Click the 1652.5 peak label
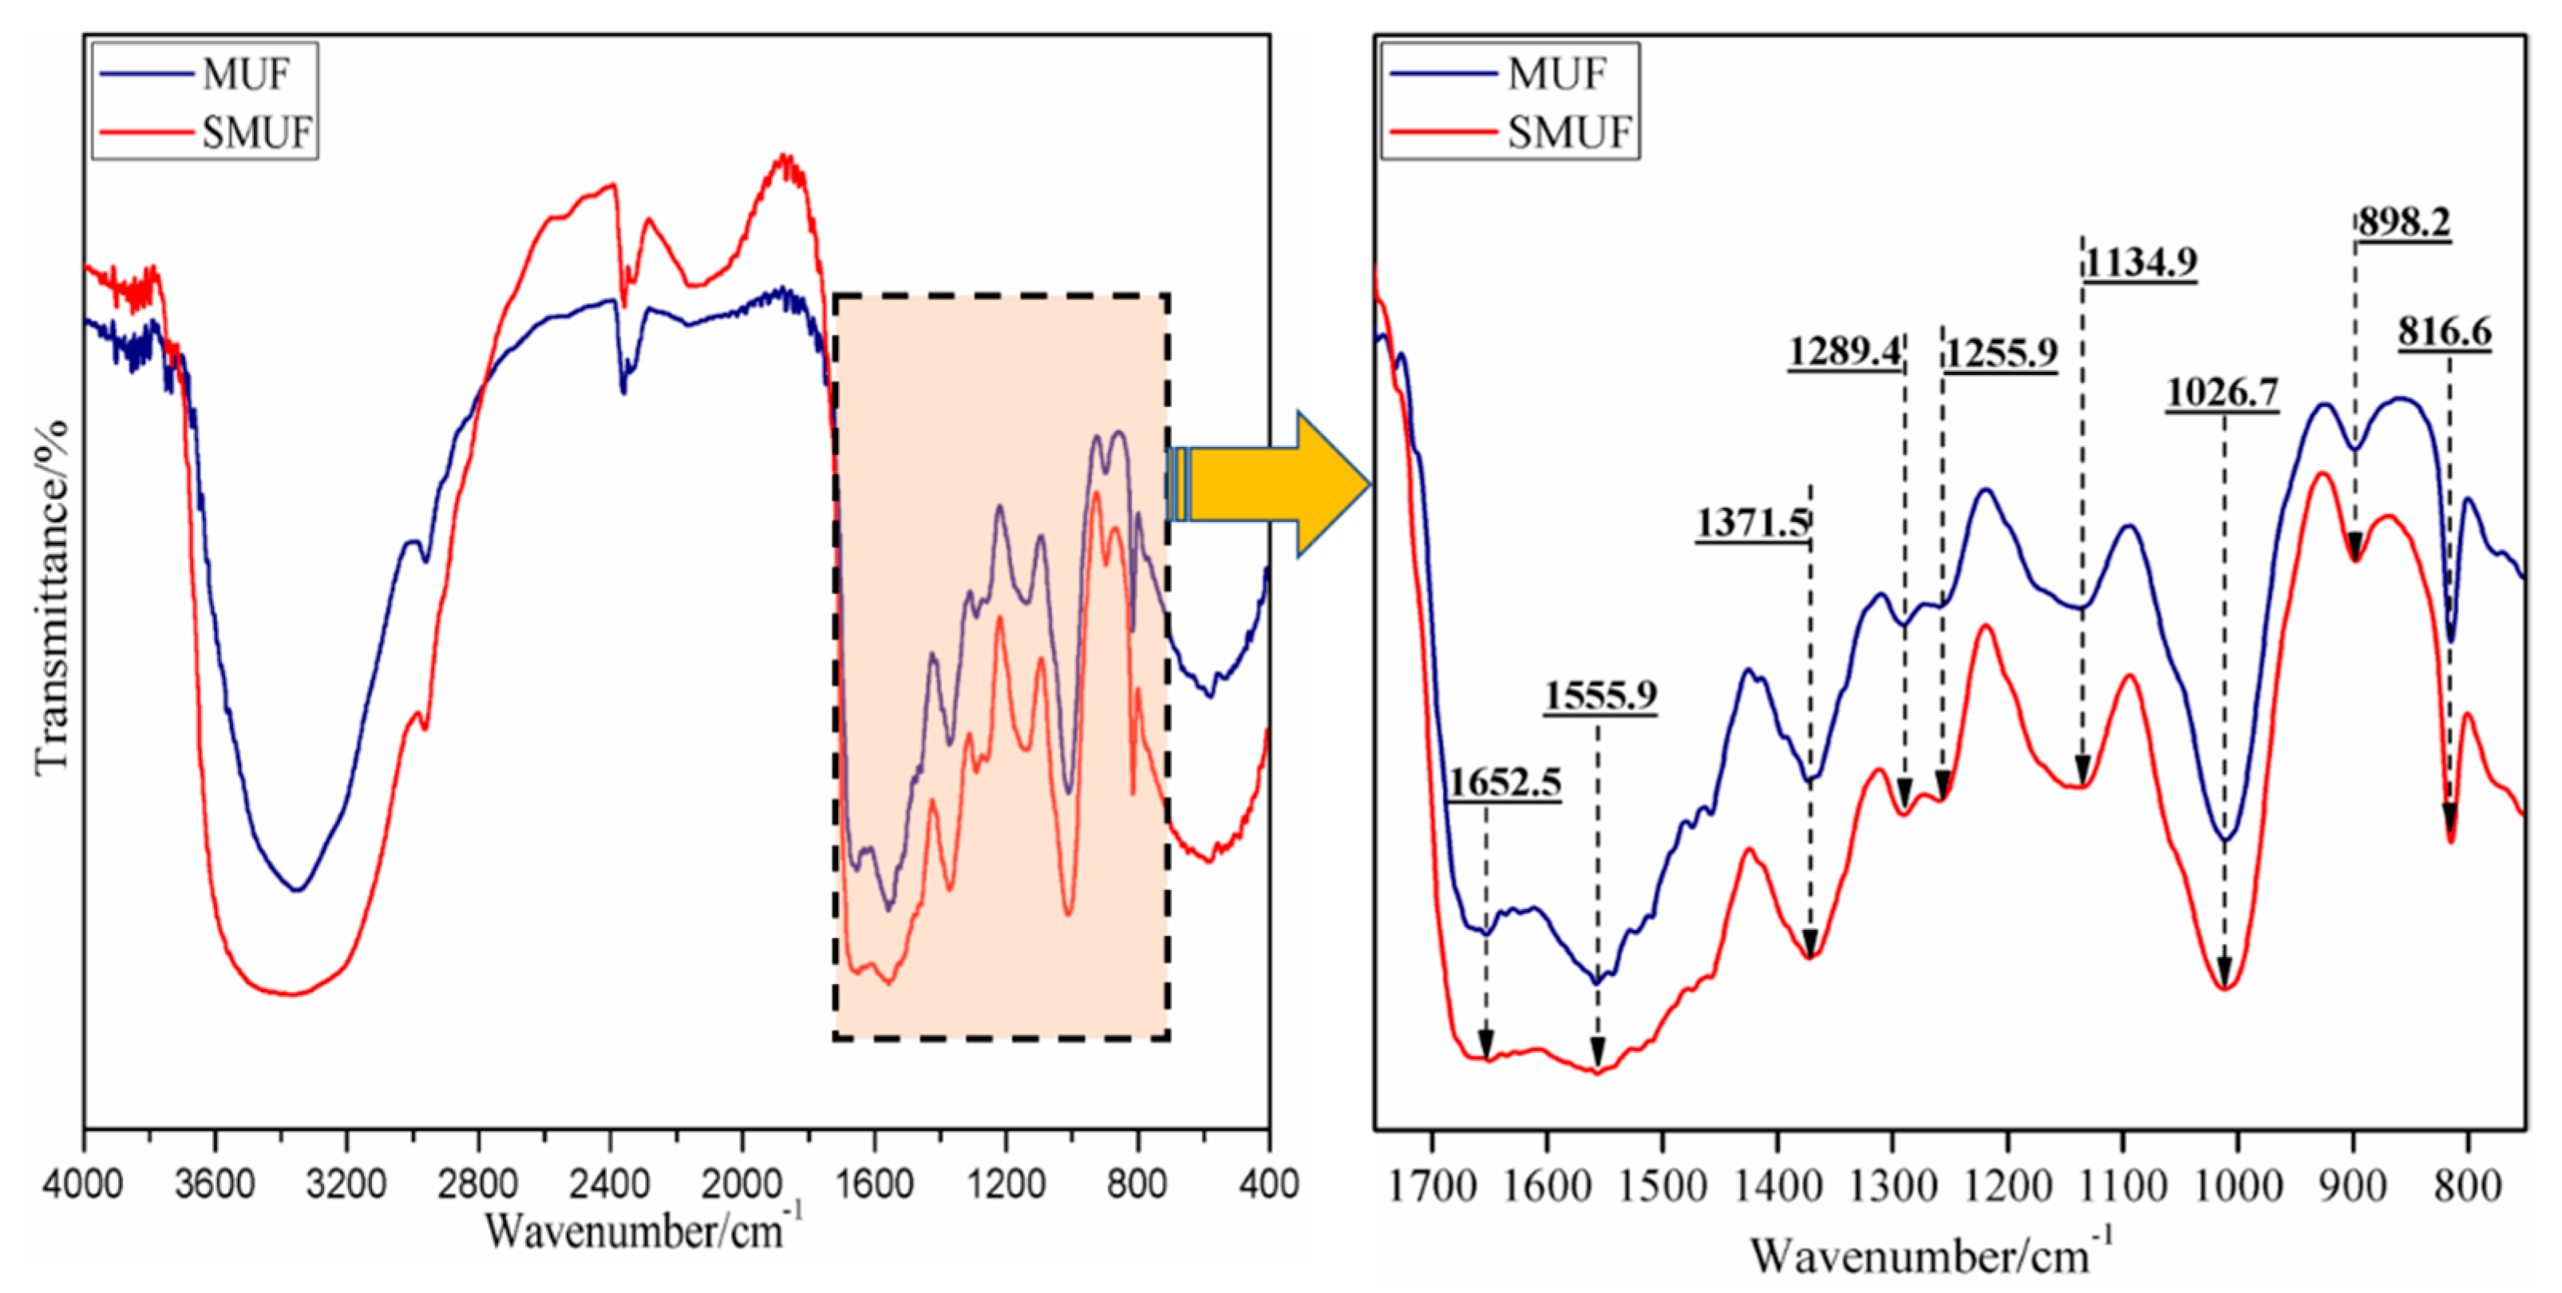pos(1504,783)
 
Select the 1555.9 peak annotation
pos(1600,695)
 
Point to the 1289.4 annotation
pos(1845,352)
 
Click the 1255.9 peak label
pos(2001,352)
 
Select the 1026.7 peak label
pos(2222,393)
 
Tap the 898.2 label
pos(2403,222)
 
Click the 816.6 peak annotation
pos(2445,331)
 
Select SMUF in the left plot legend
pos(256,132)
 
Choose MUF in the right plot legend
pos(1556,73)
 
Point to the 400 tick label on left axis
pos(1268,1184)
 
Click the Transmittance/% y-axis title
pos(52,597)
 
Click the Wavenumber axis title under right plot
pos(1929,1255)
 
